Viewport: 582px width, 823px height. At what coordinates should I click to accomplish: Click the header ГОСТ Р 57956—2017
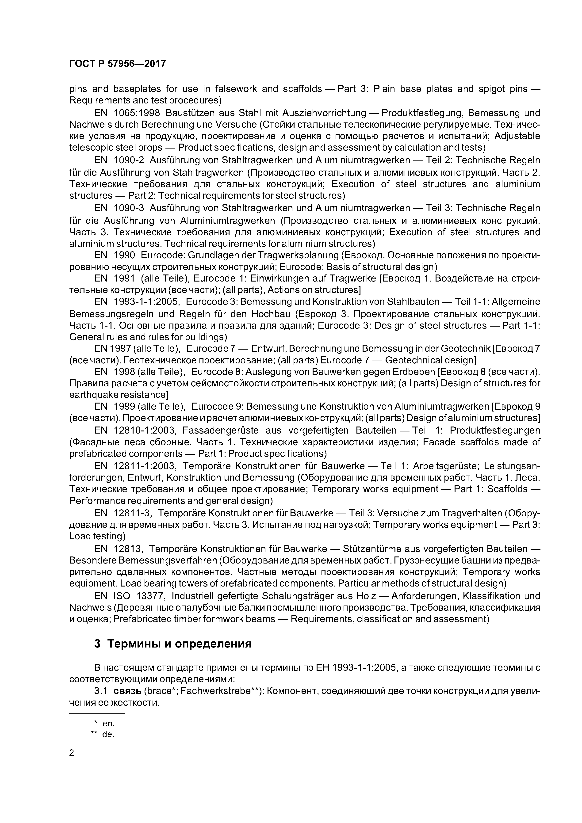click(117, 64)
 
